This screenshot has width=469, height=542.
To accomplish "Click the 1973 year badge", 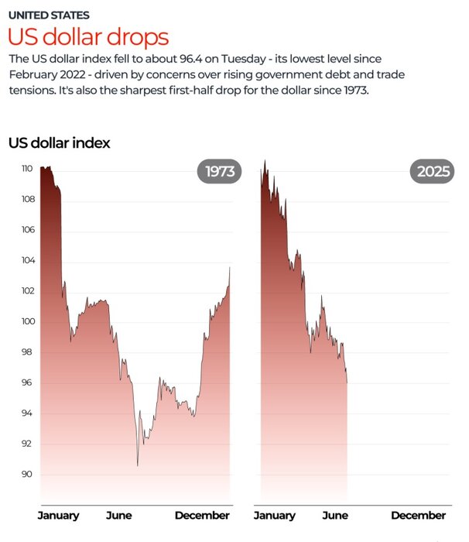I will (x=220, y=172).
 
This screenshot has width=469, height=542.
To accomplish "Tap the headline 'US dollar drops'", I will (x=88, y=36).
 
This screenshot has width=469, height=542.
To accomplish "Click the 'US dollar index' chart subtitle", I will (x=59, y=142).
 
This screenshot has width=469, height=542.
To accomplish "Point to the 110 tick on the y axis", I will (x=27, y=169).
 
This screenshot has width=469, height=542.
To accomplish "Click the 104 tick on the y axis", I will (x=27, y=260).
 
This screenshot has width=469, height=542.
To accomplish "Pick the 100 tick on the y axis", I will (x=27, y=321).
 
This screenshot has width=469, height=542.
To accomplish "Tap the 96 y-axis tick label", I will (x=27, y=382).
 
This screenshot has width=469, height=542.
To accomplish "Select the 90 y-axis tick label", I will (x=27, y=474).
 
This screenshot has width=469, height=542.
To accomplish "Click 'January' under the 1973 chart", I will (x=59, y=516).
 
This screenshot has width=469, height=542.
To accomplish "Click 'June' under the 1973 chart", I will (x=118, y=516).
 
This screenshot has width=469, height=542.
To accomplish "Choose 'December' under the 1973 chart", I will (x=202, y=516).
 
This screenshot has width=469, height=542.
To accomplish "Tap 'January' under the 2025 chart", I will (x=274, y=516).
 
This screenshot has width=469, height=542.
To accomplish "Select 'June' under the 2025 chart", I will (x=334, y=516).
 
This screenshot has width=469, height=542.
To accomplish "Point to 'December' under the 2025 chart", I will (x=418, y=516).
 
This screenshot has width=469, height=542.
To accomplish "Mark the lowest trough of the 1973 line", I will (x=138, y=465).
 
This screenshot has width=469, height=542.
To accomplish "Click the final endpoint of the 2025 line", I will (x=347, y=382).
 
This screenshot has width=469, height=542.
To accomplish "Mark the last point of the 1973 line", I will (x=230, y=268).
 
